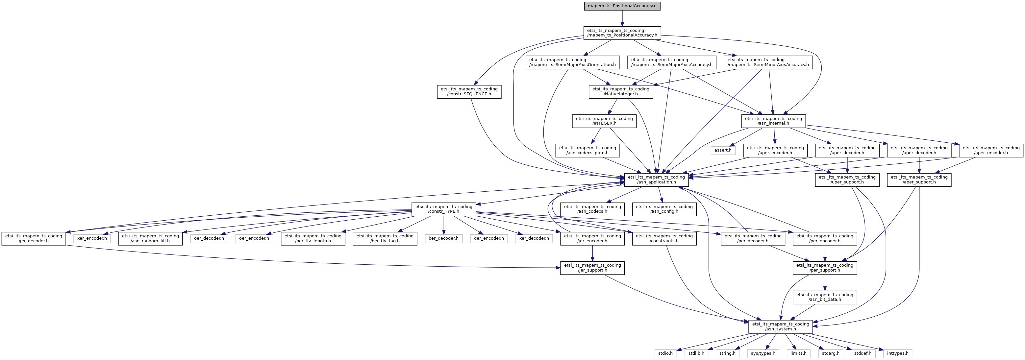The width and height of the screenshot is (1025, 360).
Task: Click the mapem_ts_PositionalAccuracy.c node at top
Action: [622, 6]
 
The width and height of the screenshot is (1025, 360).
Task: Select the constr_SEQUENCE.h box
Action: [469, 91]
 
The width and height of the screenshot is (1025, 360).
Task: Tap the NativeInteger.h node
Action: [621, 91]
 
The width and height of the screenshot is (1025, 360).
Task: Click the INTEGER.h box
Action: [604, 121]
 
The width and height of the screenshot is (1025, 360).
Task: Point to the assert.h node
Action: [723, 150]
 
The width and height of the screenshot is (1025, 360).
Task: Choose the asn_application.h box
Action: [657, 180]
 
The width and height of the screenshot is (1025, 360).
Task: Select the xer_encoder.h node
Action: [92, 239]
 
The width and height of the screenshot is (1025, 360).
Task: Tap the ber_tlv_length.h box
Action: [313, 239]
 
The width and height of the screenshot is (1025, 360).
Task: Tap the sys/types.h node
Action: [763, 353]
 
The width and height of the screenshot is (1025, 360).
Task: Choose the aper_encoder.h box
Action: [991, 150]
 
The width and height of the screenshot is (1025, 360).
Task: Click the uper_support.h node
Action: [847, 180]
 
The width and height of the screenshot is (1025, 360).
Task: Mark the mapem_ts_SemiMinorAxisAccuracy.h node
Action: [768, 62]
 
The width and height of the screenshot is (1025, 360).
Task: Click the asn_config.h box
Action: [664, 209]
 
